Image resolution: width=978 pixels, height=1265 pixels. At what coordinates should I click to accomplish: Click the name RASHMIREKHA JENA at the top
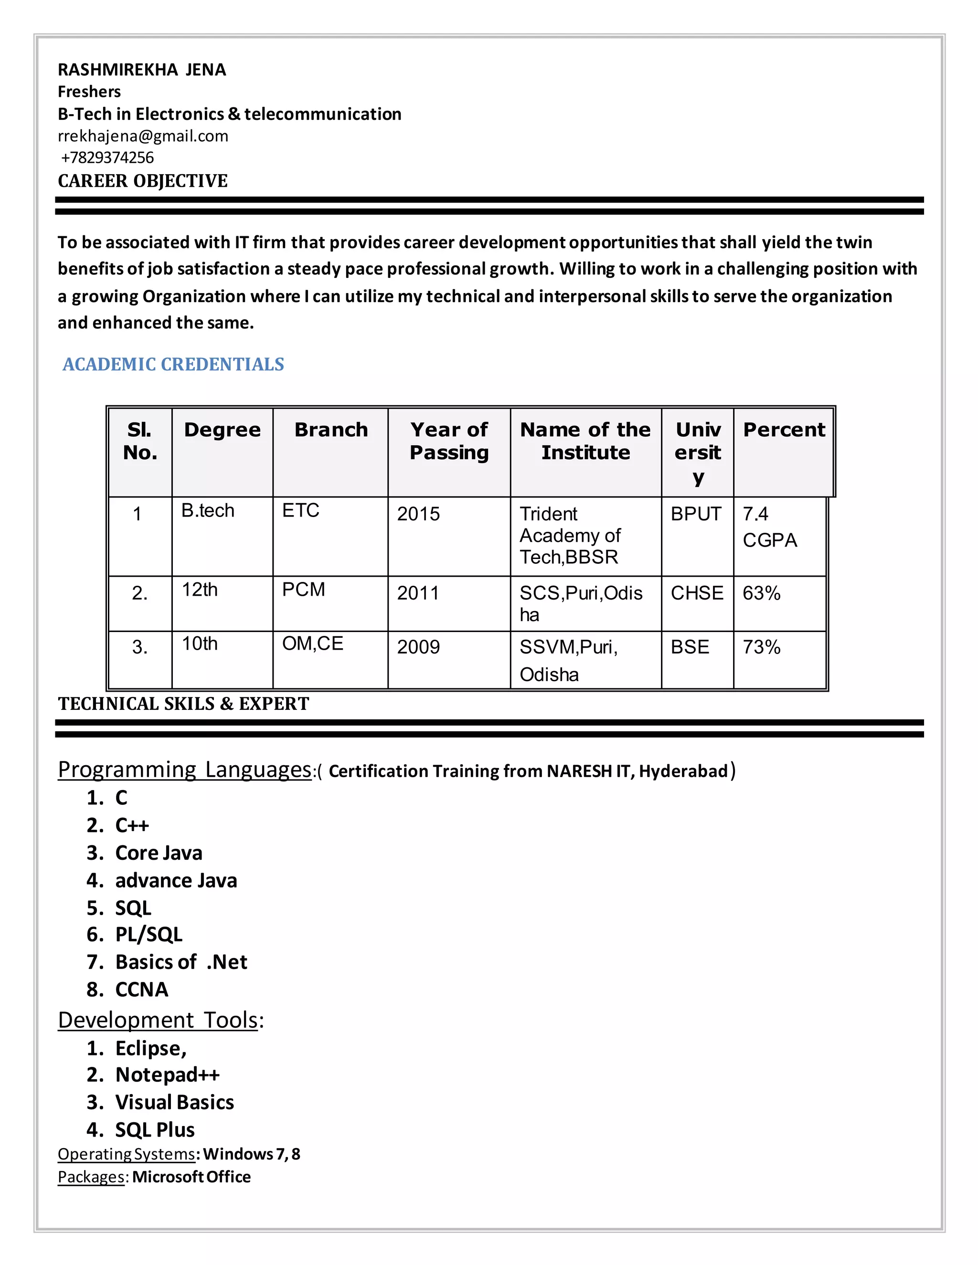coord(142,70)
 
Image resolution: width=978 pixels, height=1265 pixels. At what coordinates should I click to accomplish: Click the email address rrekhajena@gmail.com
coord(143,136)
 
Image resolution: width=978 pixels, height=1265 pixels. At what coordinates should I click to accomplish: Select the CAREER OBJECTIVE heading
coord(142,181)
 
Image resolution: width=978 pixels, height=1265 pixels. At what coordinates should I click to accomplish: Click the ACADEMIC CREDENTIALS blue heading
coord(173,364)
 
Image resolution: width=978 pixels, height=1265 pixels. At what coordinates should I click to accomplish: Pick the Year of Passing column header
coord(449,442)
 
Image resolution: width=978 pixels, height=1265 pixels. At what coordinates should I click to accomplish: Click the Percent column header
coord(784,430)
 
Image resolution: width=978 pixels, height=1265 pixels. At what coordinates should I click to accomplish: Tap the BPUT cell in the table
coord(696,514)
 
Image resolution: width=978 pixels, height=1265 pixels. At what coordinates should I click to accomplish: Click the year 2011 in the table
coord(418,593)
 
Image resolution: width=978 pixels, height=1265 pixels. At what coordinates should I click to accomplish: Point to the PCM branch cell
coord(304,590)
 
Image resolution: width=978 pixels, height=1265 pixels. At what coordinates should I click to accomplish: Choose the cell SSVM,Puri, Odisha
coord(568,660)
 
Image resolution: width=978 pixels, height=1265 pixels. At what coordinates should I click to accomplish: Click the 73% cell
coord(761,647)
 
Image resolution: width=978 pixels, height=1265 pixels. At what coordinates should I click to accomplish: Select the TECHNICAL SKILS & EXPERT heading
coord(184,704)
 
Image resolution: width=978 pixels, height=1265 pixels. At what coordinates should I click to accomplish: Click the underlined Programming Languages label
coord(185,770)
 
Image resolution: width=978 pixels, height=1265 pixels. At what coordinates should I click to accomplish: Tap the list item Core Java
coord(159,853)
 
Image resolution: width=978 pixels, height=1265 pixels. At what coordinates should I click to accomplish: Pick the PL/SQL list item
coord(149,934)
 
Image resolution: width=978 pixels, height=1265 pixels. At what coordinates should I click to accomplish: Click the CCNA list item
coord(142,990)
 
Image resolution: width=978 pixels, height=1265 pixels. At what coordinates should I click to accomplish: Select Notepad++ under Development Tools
coord(168,1075)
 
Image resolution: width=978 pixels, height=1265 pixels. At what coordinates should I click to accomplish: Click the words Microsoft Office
coord(192,1177)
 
